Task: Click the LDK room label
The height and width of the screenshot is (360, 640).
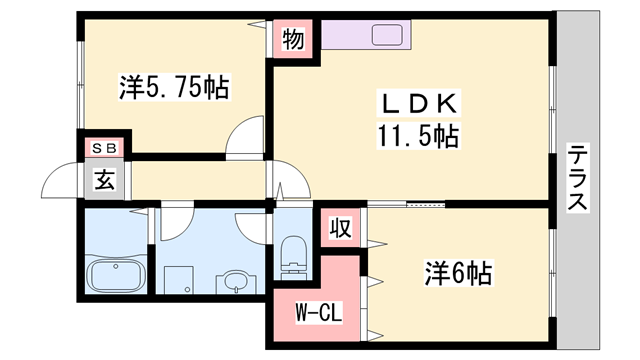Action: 419,104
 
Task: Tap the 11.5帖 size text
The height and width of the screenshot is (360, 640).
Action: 418,136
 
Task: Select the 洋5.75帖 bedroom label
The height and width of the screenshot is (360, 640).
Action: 174,87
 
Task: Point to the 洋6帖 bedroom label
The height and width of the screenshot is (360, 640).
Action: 458,273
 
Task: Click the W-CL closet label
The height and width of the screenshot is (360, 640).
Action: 319,313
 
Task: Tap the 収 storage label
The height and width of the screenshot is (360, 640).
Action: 341,228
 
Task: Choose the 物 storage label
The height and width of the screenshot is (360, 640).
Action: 293,40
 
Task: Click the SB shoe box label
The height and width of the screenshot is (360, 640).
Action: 105,148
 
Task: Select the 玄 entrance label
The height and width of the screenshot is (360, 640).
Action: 105,180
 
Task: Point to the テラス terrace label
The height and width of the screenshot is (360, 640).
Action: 578,177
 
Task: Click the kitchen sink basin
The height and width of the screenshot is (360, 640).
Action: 387,35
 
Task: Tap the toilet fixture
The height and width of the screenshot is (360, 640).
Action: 293,257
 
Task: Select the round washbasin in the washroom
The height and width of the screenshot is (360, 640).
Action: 236,282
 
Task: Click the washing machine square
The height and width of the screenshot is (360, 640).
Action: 179,280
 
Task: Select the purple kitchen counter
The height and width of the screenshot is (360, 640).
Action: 366,35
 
